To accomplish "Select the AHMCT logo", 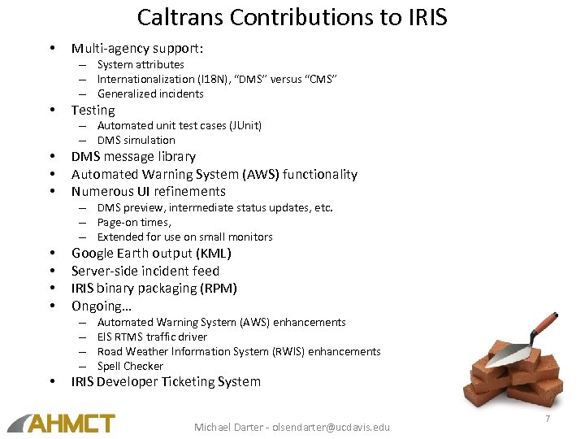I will [x=62, y=423].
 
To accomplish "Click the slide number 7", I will [x=548, y=418].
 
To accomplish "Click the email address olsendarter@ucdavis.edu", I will [x=331, y=427].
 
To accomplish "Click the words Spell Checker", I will [x=130, y=366].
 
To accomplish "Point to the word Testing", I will [x=93, y=110].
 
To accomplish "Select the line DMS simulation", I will [x=136, y=140].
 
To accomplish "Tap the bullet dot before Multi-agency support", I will [x=51, y=49].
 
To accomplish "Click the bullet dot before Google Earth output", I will [x=51, y=253].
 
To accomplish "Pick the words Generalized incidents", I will [x=150, y=93].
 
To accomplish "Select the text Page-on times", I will [x=134, y=222].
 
